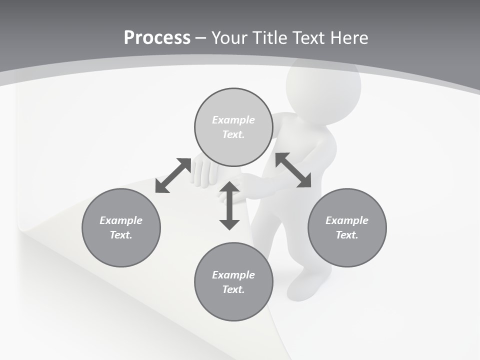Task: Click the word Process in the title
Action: (157, 37)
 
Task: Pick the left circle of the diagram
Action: (121, 227)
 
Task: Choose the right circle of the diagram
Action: (347, 227)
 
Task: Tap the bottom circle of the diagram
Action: (233, 281)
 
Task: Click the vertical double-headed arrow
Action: (229, 205)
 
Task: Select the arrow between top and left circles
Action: (173, 175)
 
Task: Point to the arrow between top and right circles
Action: (293, 170)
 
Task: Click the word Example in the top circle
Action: (233, 120)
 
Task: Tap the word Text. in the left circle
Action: (121, 235)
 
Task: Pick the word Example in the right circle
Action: (347, 220)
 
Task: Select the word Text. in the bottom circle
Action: (233, 289)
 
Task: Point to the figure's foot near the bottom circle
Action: (302, 288)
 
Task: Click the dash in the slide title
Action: (200, 38)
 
